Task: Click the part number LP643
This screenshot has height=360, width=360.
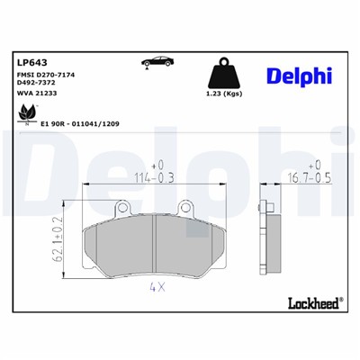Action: [x=31, y=62]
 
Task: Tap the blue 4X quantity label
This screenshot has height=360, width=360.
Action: [x=156, y=288]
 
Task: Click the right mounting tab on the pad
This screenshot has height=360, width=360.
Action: [x=187, y=206]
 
